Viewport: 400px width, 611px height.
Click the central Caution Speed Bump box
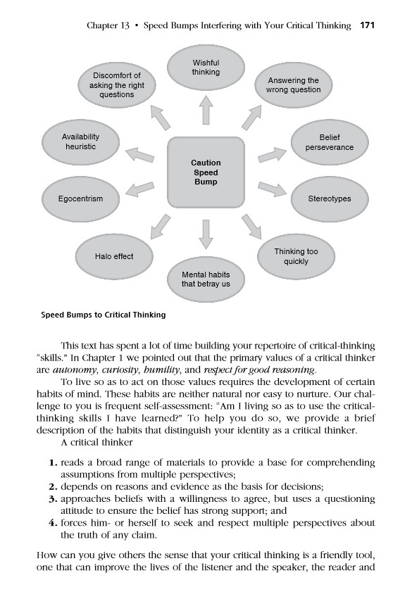click(206, 173)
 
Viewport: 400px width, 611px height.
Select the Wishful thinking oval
click(206, 68)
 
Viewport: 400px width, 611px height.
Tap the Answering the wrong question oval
click(294, 85)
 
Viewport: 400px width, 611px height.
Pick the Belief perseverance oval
click(329, 143)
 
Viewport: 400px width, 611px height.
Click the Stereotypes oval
click(329, 199)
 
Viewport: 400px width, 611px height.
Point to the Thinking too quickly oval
click(295, 256)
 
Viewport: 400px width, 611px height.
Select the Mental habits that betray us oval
click(206, 279)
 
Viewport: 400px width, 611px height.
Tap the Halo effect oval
click(114, 256)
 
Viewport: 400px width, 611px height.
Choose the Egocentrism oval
click(80, 199)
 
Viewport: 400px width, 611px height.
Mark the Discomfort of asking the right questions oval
click(117, 85)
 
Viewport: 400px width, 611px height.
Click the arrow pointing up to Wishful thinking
click(206, 109)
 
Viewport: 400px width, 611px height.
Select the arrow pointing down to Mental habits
click(206, 234)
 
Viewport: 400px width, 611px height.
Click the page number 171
click(367, 26)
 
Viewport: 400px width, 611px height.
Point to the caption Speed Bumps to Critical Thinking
click(104, 315)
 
